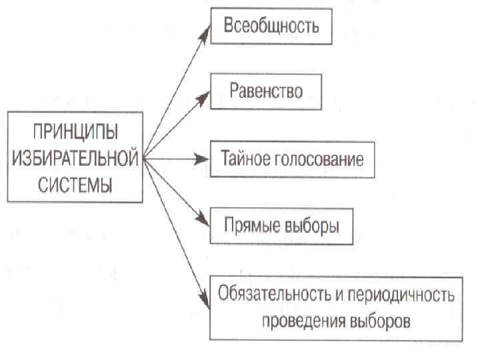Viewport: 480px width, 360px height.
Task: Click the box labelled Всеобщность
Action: pyautogui.click(x=271, y=27)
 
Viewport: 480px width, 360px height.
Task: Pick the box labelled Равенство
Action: pyautogui.click(x=267, y=91)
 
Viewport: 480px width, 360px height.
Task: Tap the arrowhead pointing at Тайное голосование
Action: pyautogui.click(x=205, y=159)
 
